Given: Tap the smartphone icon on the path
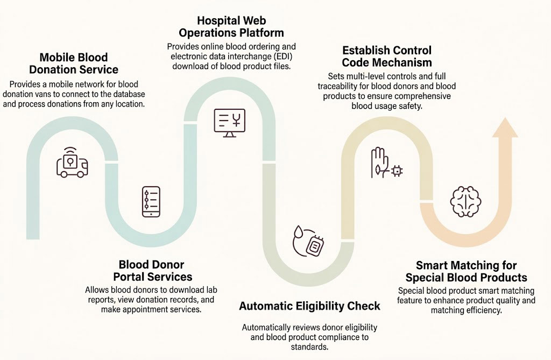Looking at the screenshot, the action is [x=151, y=202].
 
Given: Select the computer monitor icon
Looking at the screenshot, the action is [x=229, y=123].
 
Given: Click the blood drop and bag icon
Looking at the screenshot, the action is [x=308, y=241].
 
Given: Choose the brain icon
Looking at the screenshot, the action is [x=465, y=202].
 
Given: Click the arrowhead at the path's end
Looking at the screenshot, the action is [x=505, y=128].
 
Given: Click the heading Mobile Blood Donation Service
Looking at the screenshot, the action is [x=74, y=63].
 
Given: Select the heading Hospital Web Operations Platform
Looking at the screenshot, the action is [x=231, y=26].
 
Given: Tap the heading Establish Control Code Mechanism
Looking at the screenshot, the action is [x=387, y=57].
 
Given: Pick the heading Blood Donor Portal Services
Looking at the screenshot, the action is [x=152, y=270].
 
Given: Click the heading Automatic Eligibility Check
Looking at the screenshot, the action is [x=309, y=306].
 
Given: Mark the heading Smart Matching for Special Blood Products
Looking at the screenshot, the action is [x=467, y=271].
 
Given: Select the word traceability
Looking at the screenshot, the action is [x=339, y=86].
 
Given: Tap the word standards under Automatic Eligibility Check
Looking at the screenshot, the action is [x=309, y=347].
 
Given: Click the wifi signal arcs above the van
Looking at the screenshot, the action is [x=70, y=150].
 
